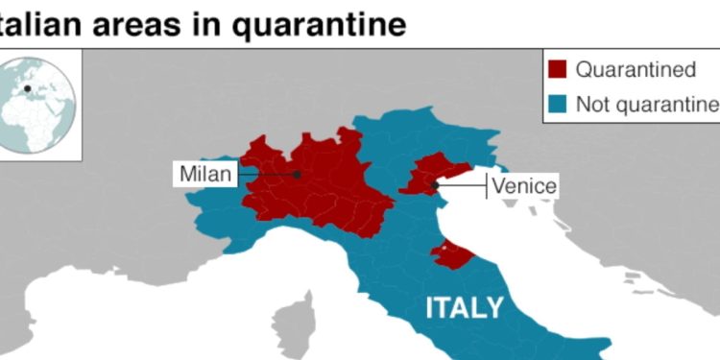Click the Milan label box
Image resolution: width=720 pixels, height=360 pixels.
tap(204, 175)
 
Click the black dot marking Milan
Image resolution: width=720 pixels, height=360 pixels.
tap(297, 175)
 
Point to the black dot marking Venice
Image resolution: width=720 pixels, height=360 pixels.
tap(435, 184)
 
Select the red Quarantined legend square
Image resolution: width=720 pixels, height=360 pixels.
tap(557, 69)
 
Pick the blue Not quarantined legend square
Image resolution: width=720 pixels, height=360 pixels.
tap(557, 103)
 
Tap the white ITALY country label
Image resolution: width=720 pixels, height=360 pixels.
tap(465, 307)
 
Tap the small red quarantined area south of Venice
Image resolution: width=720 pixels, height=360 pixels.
tap(451, 254)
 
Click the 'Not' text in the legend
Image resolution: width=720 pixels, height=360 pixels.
tap(590, 103)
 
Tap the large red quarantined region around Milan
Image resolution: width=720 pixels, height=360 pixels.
tap(317, 187)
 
